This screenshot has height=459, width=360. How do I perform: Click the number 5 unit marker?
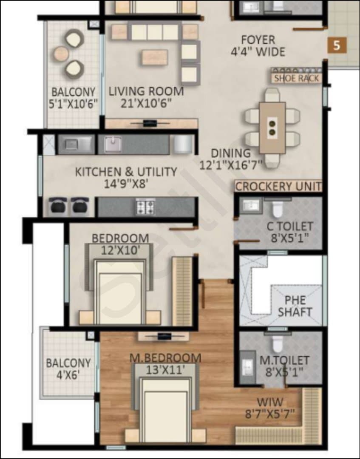pyautogui.click(x=337, y=45)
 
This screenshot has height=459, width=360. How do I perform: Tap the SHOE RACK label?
pyautogui.click(x=297, y=78)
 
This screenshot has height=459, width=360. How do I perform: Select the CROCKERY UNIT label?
pyautogui.click(x=278, y=187)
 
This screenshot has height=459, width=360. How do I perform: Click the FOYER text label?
pyautogui.click(x=258, y=40)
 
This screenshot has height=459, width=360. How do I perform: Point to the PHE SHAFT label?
pyautogui.click(x=295, y=306)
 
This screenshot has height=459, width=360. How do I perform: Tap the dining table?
pyautogui.click(x=272, y=128)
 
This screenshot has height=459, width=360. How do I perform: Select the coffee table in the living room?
pyautogui.click(x=155, y=57)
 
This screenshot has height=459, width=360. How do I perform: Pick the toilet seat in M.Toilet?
pyautogui.click(x=278, y=343)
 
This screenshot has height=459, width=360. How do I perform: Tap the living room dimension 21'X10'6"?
pyautogui.click(x=146, y=103)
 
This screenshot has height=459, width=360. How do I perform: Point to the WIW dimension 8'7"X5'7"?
pyautogui.click(x=270, y=414)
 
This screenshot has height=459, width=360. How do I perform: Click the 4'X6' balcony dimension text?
pyautogui.click(x=68, y=374)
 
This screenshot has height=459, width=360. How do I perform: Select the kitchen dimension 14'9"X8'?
pyautogui.click(x=126, y=184)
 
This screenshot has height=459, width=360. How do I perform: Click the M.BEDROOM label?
pyautogui.click(x=165, y=358)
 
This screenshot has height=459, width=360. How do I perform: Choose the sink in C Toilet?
pyautogui.click(x=251, y=204)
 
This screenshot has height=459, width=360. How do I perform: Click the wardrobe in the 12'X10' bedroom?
pyautogui.click(x=182, y=291)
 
